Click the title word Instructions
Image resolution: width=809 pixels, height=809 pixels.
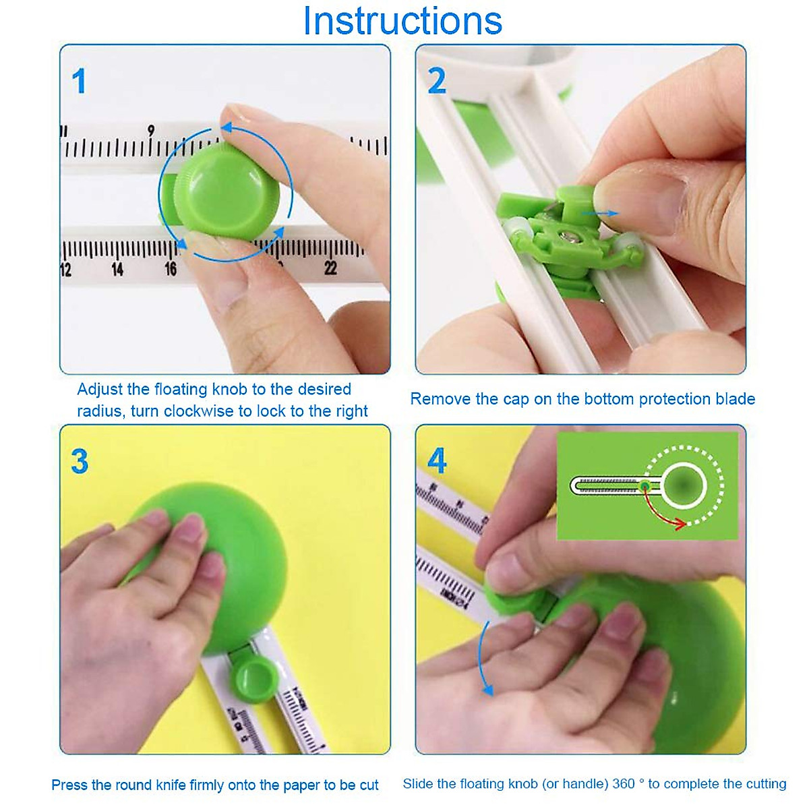pos(402,21)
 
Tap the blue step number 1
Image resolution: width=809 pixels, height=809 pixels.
pos(80,82)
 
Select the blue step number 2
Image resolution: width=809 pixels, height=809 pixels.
pos(437,82)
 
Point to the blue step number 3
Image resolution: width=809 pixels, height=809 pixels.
pos(80,462)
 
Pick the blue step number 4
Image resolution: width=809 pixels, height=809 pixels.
pos(437,462)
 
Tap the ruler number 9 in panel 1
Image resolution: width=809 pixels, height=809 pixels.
pos(151,130)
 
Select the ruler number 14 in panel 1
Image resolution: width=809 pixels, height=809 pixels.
pos(117,270)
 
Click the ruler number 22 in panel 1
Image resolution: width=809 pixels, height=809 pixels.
pos(330,268)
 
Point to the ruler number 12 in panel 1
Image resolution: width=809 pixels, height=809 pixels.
pos(65,270)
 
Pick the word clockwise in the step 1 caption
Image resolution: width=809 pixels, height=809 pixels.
pos(203,411)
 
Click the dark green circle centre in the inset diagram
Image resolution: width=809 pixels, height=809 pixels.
pos(684,485)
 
